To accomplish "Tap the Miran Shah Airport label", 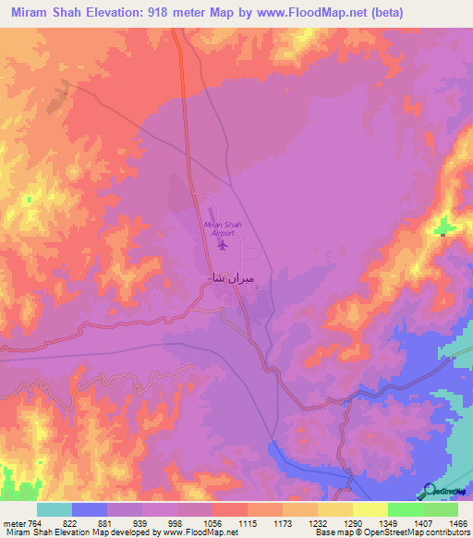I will pos(221,228).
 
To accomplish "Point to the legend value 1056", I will pos(195,522).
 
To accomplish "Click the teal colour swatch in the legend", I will pos(55,509).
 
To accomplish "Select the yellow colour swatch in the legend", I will pos(370,509).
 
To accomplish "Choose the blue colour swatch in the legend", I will pos(90,509).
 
